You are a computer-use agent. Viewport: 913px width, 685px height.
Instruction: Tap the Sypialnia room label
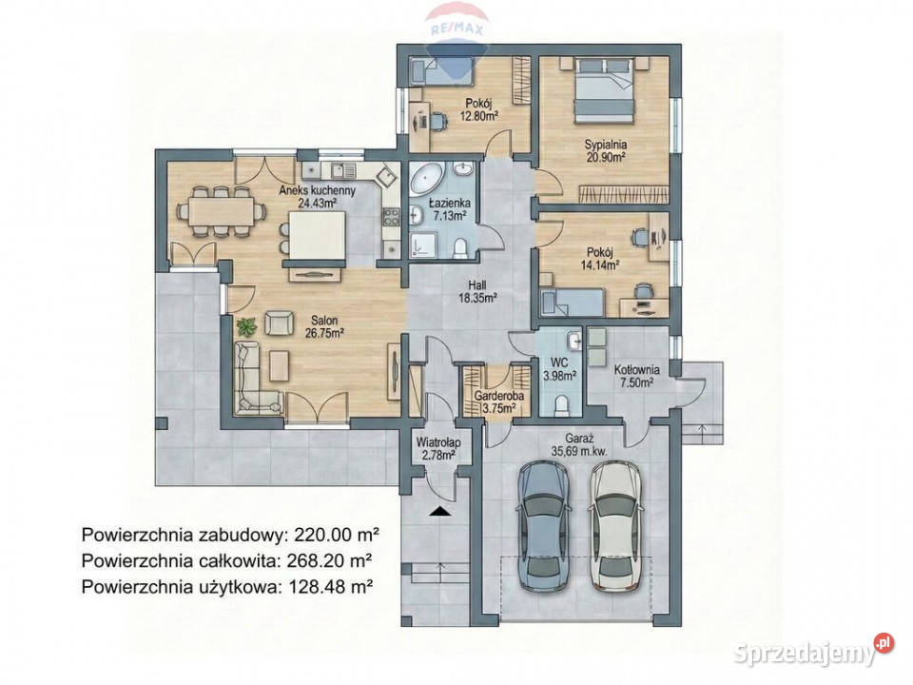(605, 144)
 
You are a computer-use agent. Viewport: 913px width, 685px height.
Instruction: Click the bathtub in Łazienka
(427, 179)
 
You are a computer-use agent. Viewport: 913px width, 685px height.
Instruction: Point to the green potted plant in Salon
(246, 325)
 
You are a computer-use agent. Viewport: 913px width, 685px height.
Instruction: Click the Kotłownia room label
(637, 370)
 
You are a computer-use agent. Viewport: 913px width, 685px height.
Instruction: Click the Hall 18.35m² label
(478, 291)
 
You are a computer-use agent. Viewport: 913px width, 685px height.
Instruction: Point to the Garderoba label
(499, 396)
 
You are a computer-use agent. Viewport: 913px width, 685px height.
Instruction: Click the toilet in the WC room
(561, 406)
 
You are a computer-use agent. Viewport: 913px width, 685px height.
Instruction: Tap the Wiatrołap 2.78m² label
(438, 448)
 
